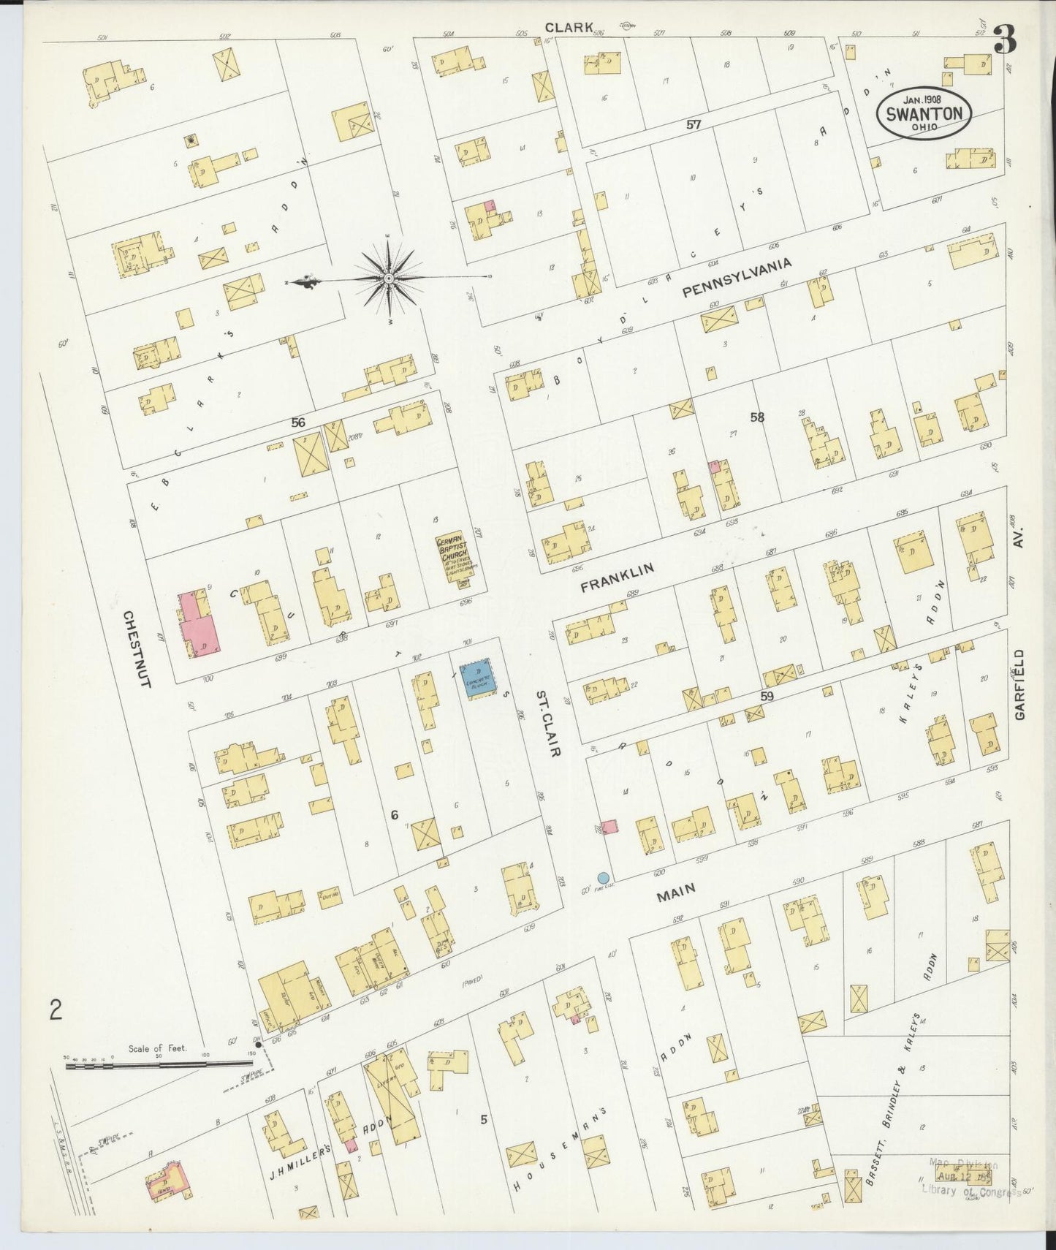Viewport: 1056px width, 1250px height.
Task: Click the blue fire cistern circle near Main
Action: click(603, 877)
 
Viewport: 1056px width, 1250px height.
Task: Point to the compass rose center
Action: click(390, 279)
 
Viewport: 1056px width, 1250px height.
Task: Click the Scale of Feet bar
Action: click(157, 1066)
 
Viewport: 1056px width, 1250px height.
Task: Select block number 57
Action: click(694, 125)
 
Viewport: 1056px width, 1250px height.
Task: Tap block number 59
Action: click(766, 697)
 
